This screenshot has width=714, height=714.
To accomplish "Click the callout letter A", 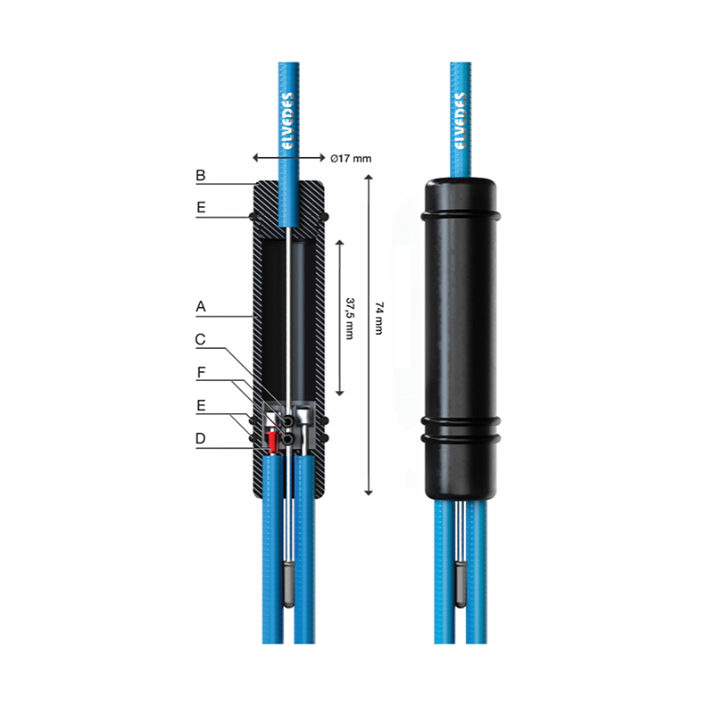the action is [201, 306].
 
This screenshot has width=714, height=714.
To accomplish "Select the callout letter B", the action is [200, 175].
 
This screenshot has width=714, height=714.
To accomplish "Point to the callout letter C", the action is [200, 339].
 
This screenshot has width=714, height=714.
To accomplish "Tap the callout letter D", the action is [200, 438].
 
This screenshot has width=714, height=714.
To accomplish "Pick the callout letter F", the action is [202, 372].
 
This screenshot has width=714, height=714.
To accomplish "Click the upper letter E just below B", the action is [201, 208].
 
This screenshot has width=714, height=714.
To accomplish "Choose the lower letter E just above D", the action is [201, 405].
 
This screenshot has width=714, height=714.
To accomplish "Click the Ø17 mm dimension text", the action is [351, 159].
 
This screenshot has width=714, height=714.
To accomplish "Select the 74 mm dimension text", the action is [378, 318].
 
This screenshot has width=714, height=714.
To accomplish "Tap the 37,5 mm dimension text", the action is [350, 319].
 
